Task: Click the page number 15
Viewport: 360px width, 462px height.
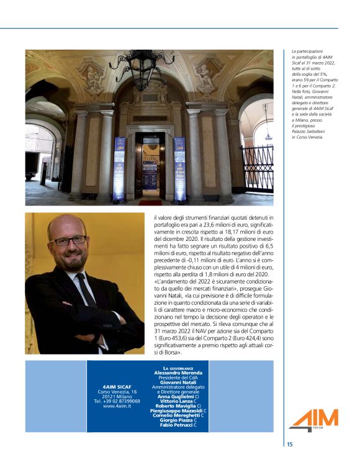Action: (x=290, y=444)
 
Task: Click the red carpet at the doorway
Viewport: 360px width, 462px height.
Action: (x=150, y=202)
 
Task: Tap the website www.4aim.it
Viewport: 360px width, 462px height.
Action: (x=117, y=406)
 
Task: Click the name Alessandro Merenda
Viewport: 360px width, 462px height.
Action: (x=174, y=373)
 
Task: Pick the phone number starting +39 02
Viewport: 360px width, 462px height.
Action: (x=117, y=401)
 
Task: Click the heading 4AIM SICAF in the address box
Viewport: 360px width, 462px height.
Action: (x=117, y=386)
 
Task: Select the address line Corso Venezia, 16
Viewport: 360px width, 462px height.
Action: (x=117, y=391)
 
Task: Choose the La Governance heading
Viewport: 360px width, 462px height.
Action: (x=174, y=368)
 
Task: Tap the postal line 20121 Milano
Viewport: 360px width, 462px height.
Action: (x=117, y=396)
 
